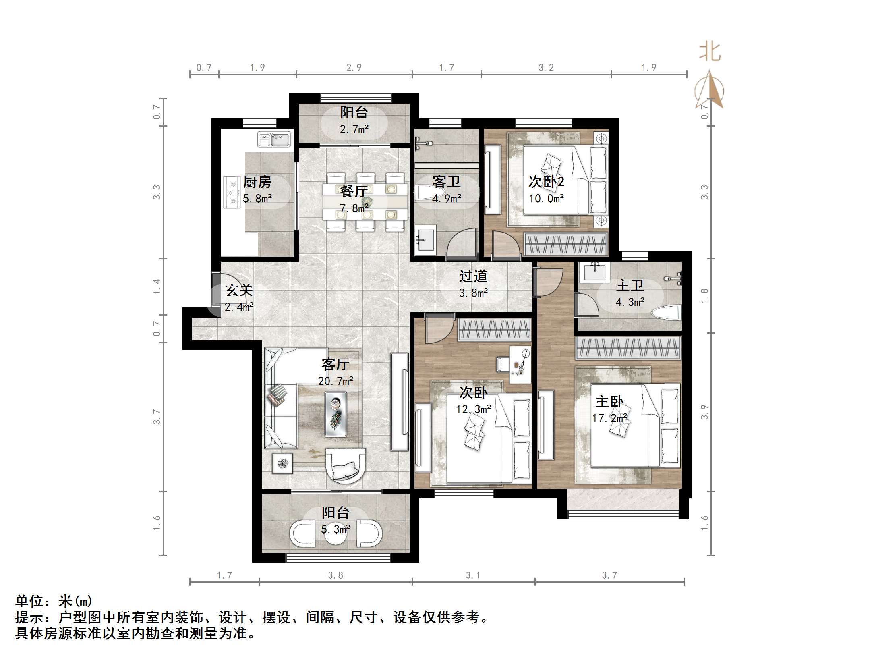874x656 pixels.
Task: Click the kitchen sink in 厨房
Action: click(x=274, y=140)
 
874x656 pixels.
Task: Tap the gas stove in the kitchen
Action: click(x=232, y=193)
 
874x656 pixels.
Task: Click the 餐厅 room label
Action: click(x=353, y=191)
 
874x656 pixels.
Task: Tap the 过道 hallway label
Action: click(x=473, y=276)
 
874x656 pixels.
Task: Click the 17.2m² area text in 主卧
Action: click(x=609, y=418)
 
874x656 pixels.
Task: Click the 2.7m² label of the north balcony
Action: click(x=354, y=129)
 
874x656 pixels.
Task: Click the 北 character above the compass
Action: click(x=710, y=53)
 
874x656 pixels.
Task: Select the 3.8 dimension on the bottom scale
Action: click(x=335, y=575)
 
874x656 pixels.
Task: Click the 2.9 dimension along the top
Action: click(x=354, y=68)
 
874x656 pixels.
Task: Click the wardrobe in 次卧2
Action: click(x=565, y=244)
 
